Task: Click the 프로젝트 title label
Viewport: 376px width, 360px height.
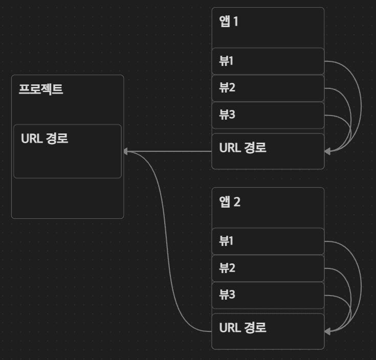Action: point(41,89)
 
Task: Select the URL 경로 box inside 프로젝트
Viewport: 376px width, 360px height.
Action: point(67,151)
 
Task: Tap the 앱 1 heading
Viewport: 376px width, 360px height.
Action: point(229,22)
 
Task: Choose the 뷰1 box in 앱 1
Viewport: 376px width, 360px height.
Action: point(268,61)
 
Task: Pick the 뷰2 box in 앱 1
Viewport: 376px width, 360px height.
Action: point(268,88)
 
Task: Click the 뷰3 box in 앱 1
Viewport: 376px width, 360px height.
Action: point(268,115)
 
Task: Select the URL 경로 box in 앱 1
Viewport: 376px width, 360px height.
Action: point(268,151)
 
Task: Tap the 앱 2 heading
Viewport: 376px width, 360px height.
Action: point(230,202)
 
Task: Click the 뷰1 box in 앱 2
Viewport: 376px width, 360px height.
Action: point(268,241)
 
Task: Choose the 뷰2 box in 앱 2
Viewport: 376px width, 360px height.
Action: point(268,268)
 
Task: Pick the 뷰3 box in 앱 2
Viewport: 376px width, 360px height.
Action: point(268,295)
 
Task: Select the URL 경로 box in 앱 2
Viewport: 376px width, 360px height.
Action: point(268,331)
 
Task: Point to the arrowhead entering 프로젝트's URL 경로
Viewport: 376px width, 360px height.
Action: point(125,151)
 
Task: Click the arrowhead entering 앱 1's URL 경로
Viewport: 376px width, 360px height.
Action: point(327,151)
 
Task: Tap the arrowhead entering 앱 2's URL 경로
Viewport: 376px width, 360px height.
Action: point(327,331)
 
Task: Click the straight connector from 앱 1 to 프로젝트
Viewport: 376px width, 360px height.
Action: point(169,151)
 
